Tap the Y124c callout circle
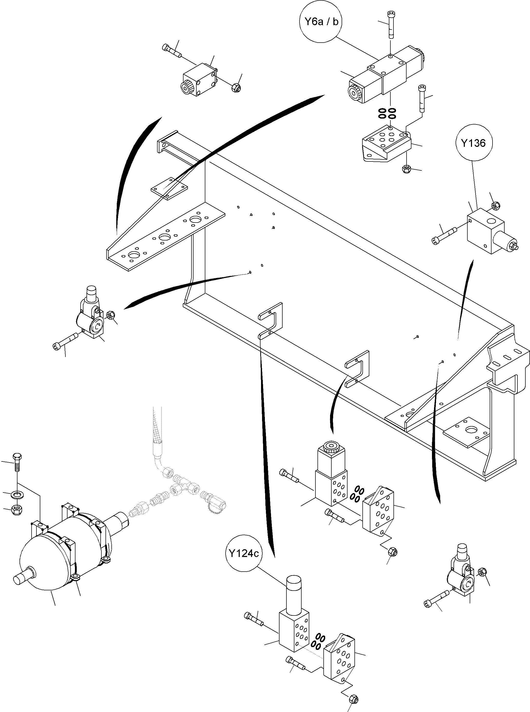click(244, 554)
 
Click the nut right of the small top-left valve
click(236, 87)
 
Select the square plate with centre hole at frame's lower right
click(467, 431)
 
